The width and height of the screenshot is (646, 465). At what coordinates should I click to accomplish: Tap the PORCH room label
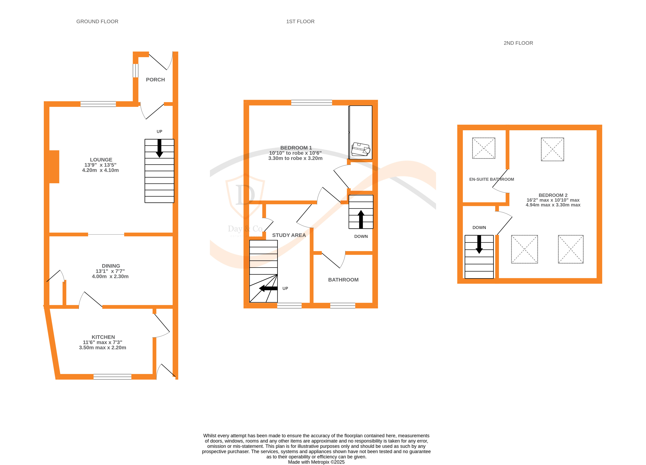[155, 80]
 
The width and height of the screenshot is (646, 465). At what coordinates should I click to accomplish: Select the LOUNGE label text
[101, 160]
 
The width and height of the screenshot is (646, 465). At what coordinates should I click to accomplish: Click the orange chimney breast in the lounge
[54, 167]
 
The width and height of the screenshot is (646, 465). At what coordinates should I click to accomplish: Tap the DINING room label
[111, 266]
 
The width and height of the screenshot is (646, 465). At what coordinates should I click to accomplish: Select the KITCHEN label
[103, 337]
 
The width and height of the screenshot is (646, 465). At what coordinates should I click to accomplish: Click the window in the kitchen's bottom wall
[112, 377]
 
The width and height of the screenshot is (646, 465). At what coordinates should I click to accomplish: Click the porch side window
[135, 71]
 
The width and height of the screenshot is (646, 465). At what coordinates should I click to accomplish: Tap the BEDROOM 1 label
[296, 148]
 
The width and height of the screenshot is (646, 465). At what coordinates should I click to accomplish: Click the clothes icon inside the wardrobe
[361, 149]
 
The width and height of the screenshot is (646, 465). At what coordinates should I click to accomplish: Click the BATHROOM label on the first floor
[343, 280]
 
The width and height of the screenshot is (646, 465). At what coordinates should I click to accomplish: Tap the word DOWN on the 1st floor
[361, 236]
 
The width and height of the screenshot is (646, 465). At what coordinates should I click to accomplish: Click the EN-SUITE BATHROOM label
[492, 179]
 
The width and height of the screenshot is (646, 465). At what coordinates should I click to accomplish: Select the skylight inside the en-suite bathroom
[484, 148]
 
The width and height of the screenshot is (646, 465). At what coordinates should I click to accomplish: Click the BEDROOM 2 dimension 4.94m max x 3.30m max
[553, 205]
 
